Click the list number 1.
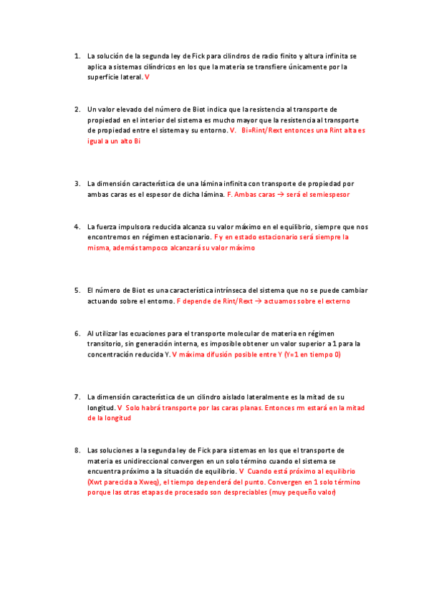(x=77, y=55)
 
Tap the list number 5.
(x=77, y=291)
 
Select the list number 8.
(x=77, y=450)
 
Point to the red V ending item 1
(x=147, y=77)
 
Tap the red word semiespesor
(x=332, y=195)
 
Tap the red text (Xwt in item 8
(x=97, y=482)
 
